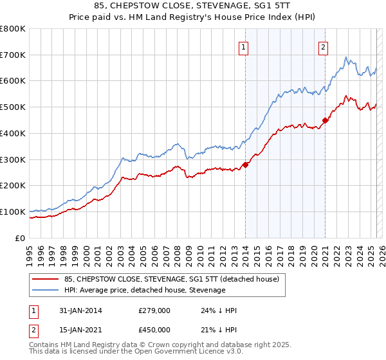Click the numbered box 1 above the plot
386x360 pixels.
coord(244,46)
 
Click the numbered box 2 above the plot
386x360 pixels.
coord(322,46)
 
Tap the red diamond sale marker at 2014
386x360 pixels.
coord(246,165)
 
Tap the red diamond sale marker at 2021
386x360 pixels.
coord(326,120)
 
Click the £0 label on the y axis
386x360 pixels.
coord(20,238)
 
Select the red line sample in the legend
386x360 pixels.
coord(45,279)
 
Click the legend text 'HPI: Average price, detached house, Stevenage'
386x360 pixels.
coord(145,290)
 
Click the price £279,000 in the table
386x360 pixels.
coord(154,310)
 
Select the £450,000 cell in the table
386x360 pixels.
coord(154,330)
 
